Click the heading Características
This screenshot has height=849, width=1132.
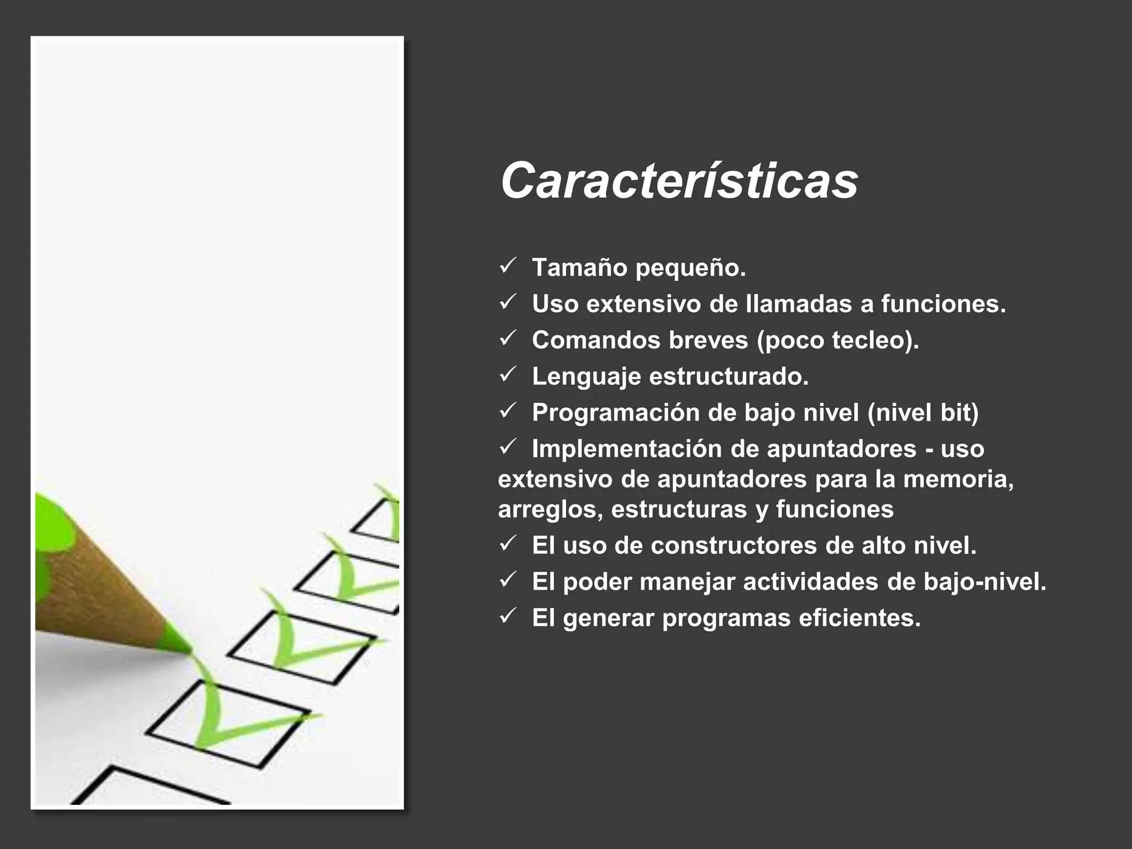point(679,181)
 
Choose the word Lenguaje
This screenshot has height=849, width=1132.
point(586,377)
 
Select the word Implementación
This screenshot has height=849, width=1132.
point(627,449)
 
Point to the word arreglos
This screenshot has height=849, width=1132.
point(550,510)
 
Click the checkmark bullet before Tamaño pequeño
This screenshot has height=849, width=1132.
point(507,266)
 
